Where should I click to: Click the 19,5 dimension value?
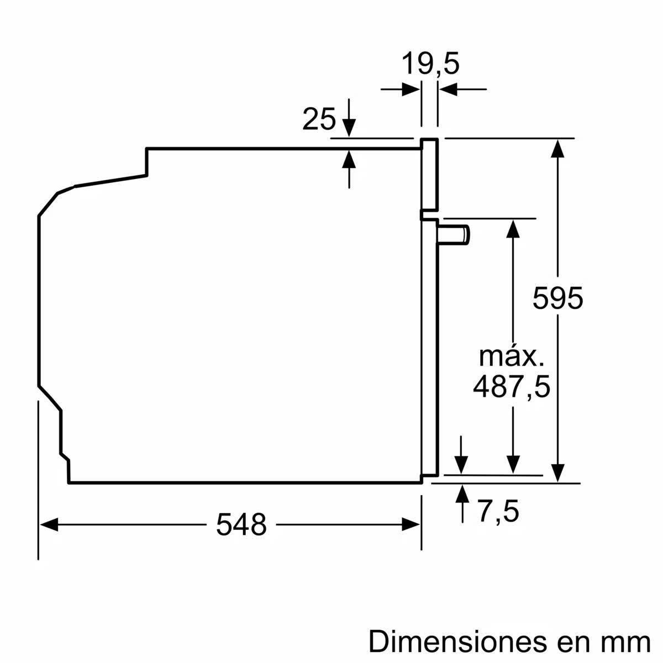coord(430,64)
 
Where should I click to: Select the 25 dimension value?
coord(319,119)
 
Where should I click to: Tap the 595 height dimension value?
coord(557,299)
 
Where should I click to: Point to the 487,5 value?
coord(512,387)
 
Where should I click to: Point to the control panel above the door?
coord(429,174)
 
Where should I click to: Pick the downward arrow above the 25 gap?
coord(349,127)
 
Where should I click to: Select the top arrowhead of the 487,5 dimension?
coord(514,228)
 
